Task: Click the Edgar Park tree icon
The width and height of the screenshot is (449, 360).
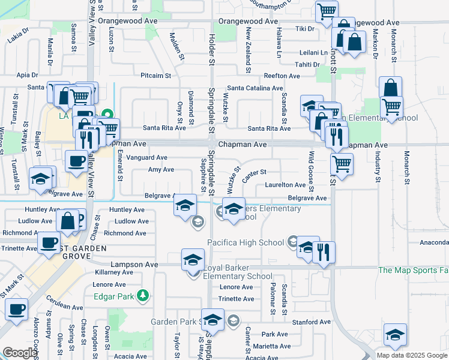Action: pos(143,295)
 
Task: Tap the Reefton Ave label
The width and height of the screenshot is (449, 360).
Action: pos(282,76)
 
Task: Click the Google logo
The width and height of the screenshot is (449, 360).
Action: pos(20,353)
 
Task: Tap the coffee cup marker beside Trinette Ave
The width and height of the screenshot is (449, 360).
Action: pos(49,243)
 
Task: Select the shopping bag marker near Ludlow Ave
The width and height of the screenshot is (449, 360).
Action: pos(68,220)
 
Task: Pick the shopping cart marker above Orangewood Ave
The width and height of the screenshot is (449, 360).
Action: pos(327,11)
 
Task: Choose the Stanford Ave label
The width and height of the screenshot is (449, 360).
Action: pos(312,322)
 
